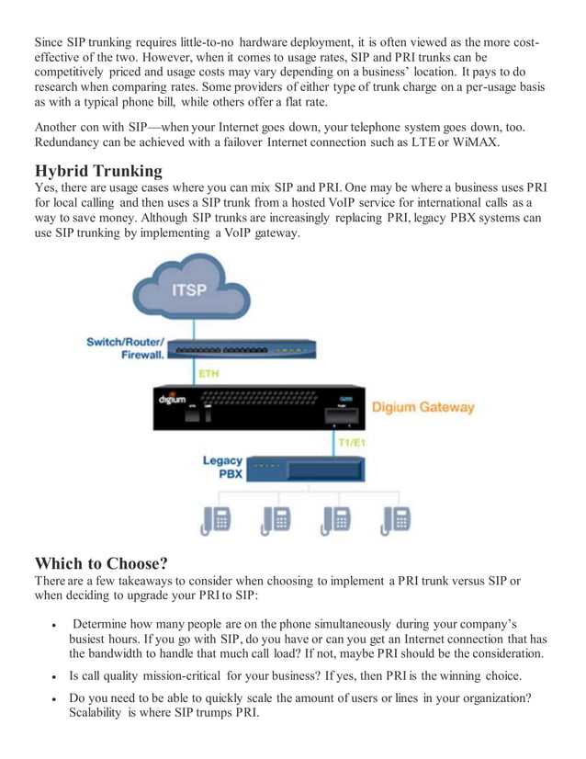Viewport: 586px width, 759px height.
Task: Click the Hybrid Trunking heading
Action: (x=99, y=171)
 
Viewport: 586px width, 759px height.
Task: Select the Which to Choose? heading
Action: (x=101, y=562)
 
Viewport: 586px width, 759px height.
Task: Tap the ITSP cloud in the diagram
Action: (x=194, y=290)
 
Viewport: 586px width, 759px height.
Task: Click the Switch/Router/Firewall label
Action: (x=126, y=348)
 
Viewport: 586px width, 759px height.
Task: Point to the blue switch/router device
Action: (x=242, y=350)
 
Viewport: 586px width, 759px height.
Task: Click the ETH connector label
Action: (x=208, y=374)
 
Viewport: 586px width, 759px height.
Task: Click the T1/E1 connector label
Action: (x=351, y=443)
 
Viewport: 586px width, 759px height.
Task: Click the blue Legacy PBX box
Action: (x=307, y=468)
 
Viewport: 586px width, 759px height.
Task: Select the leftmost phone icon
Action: (x=216, y=520)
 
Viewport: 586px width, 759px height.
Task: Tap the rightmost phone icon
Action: (x=396, y=520)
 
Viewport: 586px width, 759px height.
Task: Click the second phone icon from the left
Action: (x=276, y=520)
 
